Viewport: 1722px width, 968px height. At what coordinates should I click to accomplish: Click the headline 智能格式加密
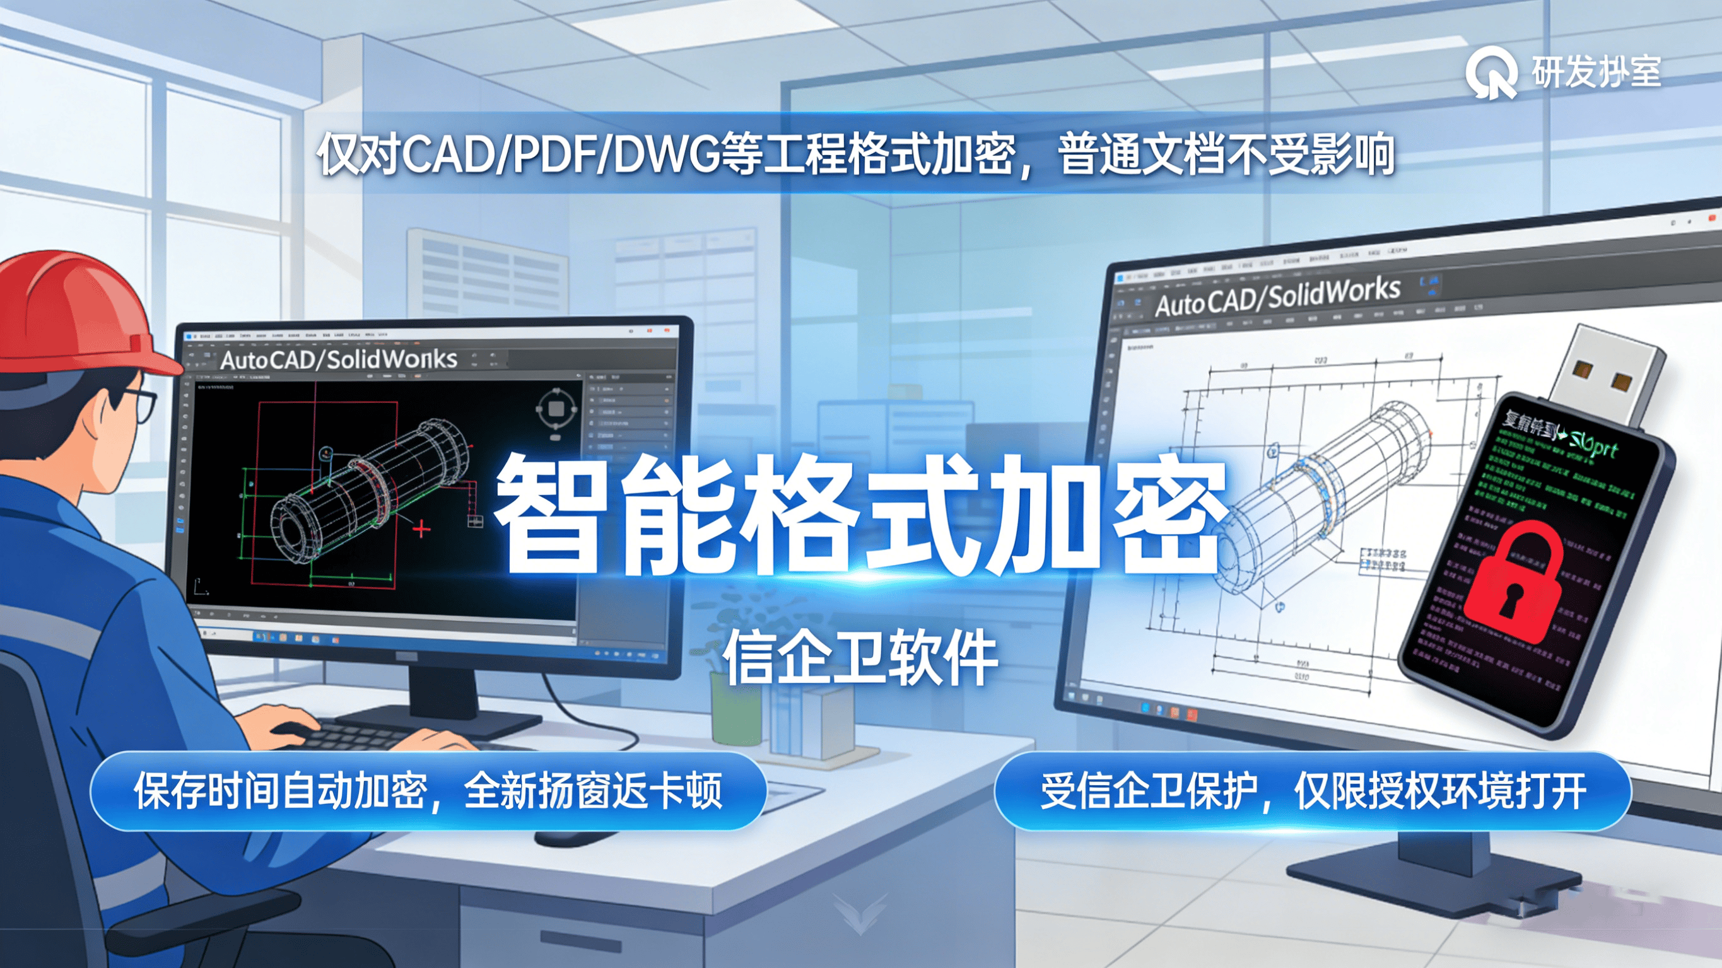(859, 515)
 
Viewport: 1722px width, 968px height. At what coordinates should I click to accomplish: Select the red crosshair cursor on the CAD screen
(421, 530)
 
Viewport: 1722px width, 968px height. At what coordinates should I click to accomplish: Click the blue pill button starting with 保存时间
(428, 791)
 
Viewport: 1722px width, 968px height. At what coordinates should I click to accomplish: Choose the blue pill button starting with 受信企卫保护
(1312, 791)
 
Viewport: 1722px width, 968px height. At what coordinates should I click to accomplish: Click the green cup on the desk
(735, 709)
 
